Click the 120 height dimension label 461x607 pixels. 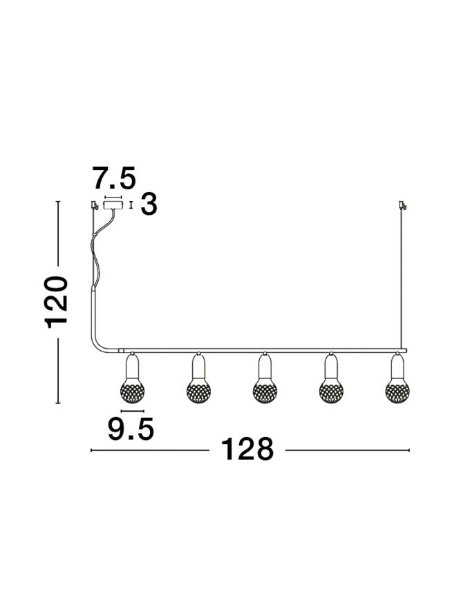[x=57, y=302]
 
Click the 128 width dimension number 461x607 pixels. [x=247, y=450]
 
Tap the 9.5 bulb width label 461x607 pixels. [x=131, y=430]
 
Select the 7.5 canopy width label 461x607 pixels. [x=114, y=178]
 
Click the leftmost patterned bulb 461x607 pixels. [x=132, y=391]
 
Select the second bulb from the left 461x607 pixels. [x=198, y=391]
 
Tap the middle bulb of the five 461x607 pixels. [x=265, y=391]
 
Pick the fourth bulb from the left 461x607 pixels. [x=331, y=391]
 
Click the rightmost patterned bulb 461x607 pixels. [x=397, y=391]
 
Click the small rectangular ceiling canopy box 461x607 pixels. [x=113, y=205]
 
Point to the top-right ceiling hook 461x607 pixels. [x=402, y=205]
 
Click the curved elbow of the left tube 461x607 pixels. [x=98, y=343]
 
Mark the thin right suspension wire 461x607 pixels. [x=402, y=276]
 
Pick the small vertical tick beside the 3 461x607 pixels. [x=131, y=205]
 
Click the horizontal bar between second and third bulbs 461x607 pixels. [x=232, y=351]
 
